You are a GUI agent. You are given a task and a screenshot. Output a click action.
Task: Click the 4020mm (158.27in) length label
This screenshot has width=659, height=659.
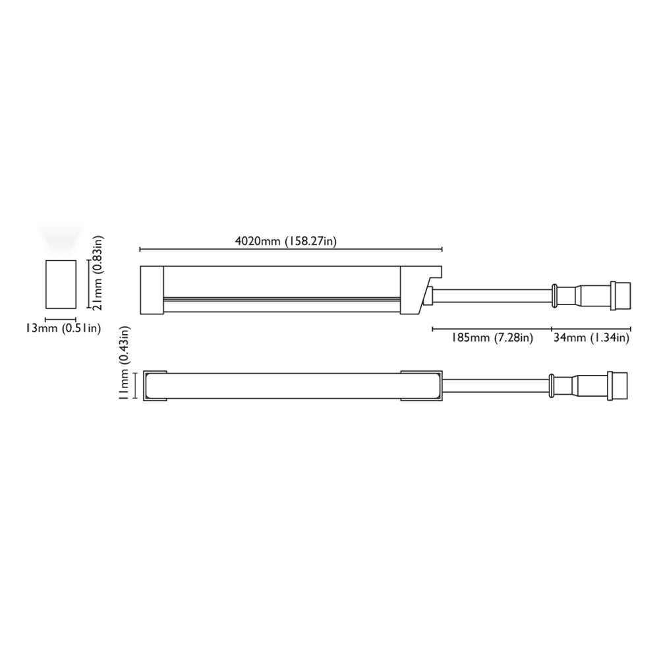tap(286, 241)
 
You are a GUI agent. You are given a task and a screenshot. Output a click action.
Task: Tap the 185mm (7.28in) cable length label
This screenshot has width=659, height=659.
tap(492, 337)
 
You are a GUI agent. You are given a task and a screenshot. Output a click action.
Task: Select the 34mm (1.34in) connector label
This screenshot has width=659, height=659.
tap(591, 337)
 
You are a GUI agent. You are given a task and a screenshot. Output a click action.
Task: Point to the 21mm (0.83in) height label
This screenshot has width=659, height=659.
tap(98, 272)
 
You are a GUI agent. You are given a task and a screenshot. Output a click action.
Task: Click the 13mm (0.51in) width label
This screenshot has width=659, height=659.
tap(63, 328)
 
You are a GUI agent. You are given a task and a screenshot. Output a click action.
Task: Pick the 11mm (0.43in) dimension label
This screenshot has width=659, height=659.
tap(125, 363)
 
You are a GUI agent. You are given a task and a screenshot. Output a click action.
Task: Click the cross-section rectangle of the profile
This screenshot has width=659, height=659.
tap(61, 284)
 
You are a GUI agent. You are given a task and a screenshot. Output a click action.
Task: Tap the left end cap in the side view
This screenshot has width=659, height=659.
tap(152, 290)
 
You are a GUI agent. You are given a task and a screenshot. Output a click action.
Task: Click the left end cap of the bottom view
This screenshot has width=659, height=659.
tap(155, 386)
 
